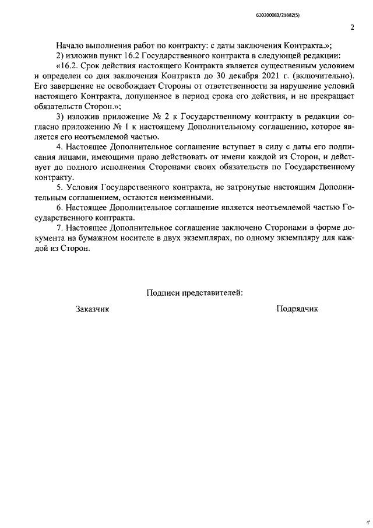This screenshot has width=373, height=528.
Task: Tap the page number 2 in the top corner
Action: click(x=352, y=27)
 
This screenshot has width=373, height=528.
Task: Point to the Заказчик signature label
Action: click(x=92, y=309)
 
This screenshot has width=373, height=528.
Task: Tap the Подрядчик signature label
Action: click(x=297, y=309)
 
